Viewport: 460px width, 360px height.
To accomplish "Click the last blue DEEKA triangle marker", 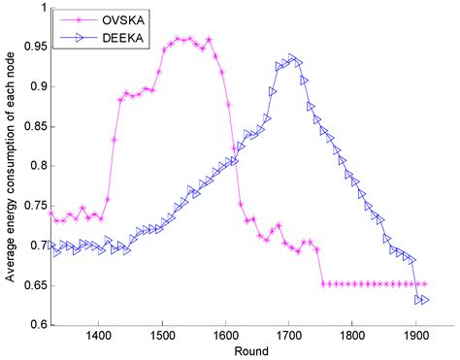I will (x=424, y=300).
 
